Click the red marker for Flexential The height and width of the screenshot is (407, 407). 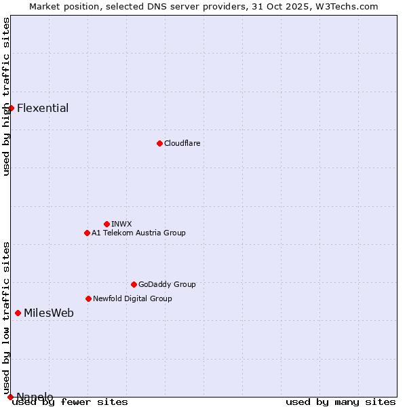11,108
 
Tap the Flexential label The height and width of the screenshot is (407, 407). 43,109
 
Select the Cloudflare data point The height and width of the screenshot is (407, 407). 159,143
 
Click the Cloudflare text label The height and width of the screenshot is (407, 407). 182,143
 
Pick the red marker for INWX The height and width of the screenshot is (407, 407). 106,224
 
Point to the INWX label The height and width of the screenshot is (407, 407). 121,224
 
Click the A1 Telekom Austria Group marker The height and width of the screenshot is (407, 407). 87,233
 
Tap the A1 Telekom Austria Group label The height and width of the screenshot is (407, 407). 138,233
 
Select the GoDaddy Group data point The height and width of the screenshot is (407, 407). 134,284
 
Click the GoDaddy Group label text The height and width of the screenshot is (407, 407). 167,284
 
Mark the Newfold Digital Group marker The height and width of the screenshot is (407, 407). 88,298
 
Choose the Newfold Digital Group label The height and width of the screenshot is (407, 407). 132,298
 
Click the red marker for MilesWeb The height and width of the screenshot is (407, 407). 18,313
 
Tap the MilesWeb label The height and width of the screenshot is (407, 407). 49,313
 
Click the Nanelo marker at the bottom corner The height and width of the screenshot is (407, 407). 10,397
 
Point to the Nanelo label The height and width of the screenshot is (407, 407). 35,397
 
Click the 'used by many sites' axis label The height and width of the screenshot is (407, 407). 341,402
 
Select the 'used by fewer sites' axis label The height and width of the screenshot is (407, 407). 71,402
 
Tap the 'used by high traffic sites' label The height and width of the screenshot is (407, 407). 7,96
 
